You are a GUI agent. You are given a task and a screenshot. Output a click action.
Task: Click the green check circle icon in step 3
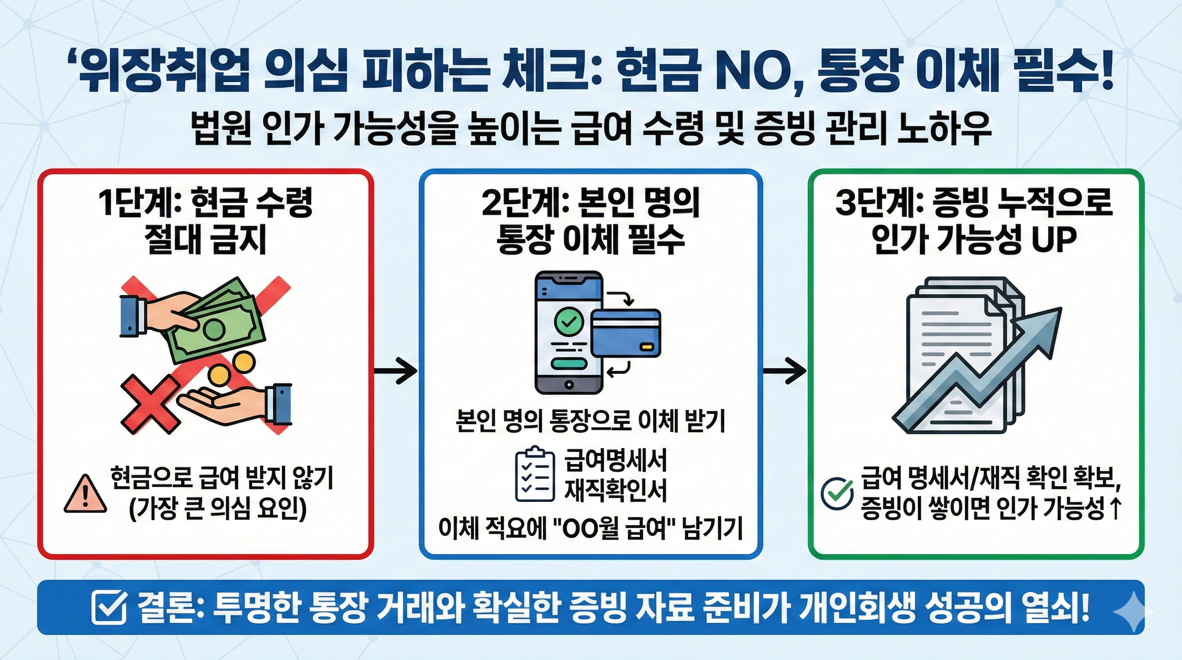tap(837, 494)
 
